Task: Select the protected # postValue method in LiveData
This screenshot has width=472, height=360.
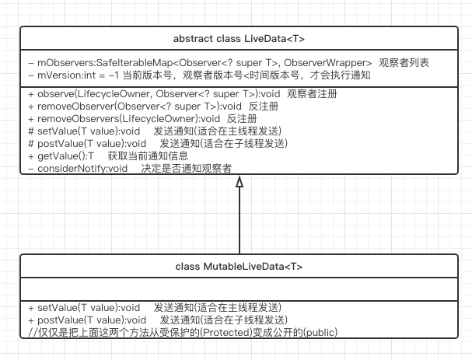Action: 156,143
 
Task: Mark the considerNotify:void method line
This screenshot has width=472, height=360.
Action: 129,168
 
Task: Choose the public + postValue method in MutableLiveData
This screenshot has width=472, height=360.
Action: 156,320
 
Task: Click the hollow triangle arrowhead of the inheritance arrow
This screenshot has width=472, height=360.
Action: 239,182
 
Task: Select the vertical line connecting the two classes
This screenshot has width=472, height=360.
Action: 239,222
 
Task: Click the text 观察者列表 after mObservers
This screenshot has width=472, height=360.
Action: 404,62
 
